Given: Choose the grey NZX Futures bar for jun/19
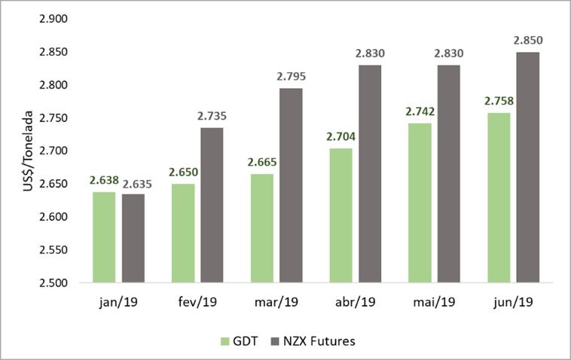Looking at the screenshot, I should pos(527,167).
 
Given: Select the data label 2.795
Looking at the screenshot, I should pos(291,77).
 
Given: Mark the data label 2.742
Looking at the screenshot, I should pos(419,111).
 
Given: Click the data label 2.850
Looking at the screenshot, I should pos(527,40).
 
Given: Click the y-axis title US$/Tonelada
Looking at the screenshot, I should pos(28,151).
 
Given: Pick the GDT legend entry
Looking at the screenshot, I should pos(239,341).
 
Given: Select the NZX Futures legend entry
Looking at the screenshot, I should pos(310,341).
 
